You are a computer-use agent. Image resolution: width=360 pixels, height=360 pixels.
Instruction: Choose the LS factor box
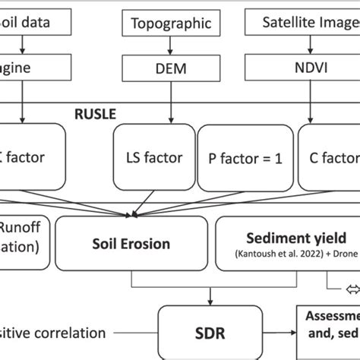(154, 158)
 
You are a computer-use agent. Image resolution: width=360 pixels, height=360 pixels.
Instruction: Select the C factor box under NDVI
(327, 158)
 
